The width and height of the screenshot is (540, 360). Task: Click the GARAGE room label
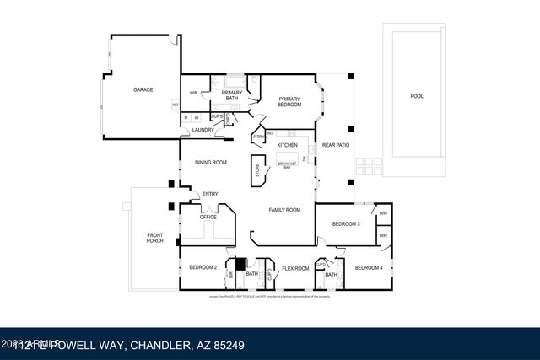click(x=143, y=89)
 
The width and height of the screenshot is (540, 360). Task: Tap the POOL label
click(x=416, y=96)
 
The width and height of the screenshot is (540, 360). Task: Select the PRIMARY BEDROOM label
click(x=290, y=101)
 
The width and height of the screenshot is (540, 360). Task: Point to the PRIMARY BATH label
click(x=232, y=94)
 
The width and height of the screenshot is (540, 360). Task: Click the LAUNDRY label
click(x=202, y=130)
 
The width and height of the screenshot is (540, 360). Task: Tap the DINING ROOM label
click(x=211, y=162)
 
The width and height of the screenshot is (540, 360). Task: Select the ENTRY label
click(x=210, y=194)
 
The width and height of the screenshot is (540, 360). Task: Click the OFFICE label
click(x=208, y=217)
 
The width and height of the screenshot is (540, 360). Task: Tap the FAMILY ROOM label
click(x=284, y=209)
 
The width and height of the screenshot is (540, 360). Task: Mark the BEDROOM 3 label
click(x=346, y=223)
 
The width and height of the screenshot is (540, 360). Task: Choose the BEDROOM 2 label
click(x=204, y=267)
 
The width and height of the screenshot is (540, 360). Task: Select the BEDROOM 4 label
click(x=369, y=267)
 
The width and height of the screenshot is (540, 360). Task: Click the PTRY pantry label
click(x=258, y=137)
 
